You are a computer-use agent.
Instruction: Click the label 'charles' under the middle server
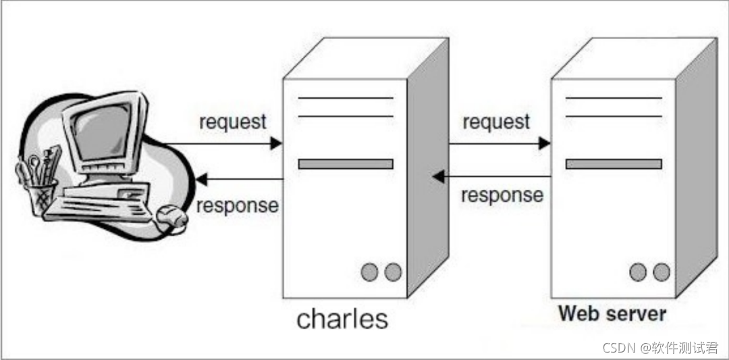342,318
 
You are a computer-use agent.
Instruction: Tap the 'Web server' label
612,313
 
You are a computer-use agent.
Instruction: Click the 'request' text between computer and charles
233,122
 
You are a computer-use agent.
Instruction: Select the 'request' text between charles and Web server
496,122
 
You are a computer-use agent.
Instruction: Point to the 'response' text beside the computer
237,205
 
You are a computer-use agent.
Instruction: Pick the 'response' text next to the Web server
502,195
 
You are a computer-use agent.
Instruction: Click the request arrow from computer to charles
223,143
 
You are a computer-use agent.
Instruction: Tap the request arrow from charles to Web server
499,143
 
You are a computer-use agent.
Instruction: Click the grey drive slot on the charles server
345,164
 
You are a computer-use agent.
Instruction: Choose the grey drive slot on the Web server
613,164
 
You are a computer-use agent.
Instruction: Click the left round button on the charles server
369,272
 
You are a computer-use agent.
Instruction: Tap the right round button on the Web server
661,272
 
